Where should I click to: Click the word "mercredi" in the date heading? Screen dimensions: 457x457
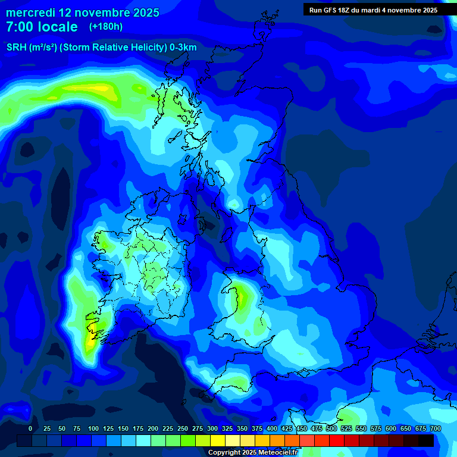[x=31, y=12]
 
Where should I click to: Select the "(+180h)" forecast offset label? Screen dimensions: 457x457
[x=106, y=27]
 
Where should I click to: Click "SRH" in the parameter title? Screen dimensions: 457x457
[x=16, y=48]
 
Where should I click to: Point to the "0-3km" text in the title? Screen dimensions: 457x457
[x=183, y=48]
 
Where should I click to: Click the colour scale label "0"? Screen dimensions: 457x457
[x=30, y=428]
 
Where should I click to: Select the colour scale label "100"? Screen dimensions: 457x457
[x=93, y=428]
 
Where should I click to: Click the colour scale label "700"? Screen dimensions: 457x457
[x=436, y=428]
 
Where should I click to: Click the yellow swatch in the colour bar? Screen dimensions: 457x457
[x=218, y=440]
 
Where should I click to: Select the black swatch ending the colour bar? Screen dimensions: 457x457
[x=426, y=440]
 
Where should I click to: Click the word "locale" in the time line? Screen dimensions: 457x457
[x=58, y=27]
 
